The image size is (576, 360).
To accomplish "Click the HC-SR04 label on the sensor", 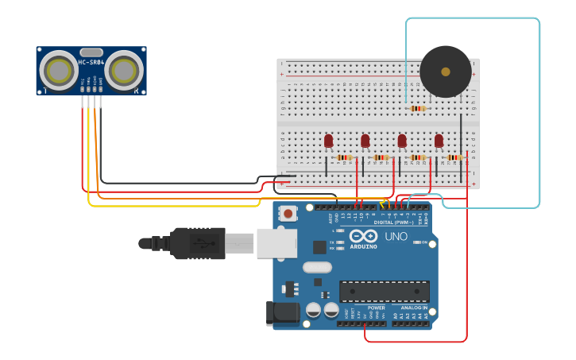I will click(91, 62).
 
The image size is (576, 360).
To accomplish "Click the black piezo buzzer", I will click(445, 72).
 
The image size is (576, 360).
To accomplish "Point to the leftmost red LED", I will click(328, 141).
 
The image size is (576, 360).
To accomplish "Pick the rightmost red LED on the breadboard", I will click(439, 141).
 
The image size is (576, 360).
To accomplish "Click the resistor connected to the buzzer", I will click(417, 108).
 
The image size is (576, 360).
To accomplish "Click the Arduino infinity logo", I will click(361, 237).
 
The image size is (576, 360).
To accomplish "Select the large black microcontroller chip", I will click(385, 291).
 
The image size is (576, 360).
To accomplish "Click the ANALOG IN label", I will click(413, 308).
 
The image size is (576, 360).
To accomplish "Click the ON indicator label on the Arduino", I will click(424, 242).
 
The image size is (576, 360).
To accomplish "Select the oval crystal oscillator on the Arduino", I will click(315, 267).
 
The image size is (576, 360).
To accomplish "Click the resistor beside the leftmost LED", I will click(344, 157).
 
